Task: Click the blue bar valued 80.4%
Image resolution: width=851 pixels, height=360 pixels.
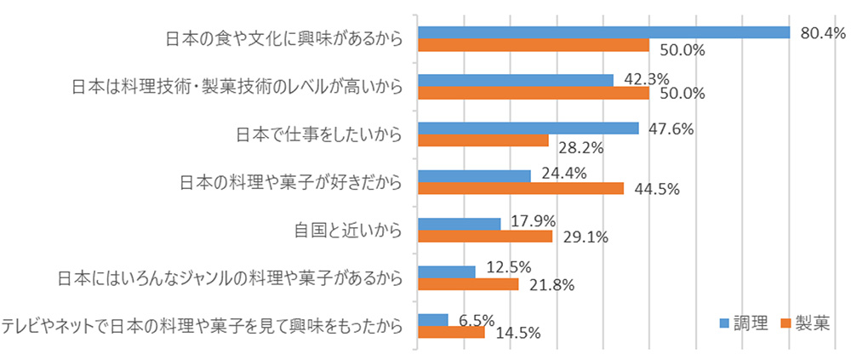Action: pyautogui.click(x=604, y=32)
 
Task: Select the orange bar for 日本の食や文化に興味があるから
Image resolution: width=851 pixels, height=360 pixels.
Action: pyautogui.click(x=534, y=45)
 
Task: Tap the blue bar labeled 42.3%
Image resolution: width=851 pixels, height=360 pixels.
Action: pyautogui.click(x=516, y=80)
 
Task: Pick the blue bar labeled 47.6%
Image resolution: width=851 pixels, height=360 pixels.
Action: pyautogui.click(x=528, y=128)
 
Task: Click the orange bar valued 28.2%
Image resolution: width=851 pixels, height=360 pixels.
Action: pyautogui.click(x=483, y=140)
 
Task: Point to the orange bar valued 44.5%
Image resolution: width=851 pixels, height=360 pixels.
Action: pyautogui.click(x=521, y=188)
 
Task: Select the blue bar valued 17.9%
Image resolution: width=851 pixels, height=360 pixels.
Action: pyautogui.click(x=460, y=224)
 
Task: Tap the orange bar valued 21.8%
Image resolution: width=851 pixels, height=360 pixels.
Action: pyautogui.click(x=468, y=284)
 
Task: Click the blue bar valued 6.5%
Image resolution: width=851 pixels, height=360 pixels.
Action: pyautogui.click(x=433, y=320)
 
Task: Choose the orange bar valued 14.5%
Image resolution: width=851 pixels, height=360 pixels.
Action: pyautogui.click(x=451, y=332)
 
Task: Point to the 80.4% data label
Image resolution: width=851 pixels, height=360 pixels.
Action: pyautogui.click(x=822, y=33)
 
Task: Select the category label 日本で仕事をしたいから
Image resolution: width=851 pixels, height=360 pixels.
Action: pyautogui.click(x=318, y=134)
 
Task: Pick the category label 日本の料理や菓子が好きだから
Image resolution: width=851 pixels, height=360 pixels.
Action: pyautogui.click(x=291, y=182)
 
